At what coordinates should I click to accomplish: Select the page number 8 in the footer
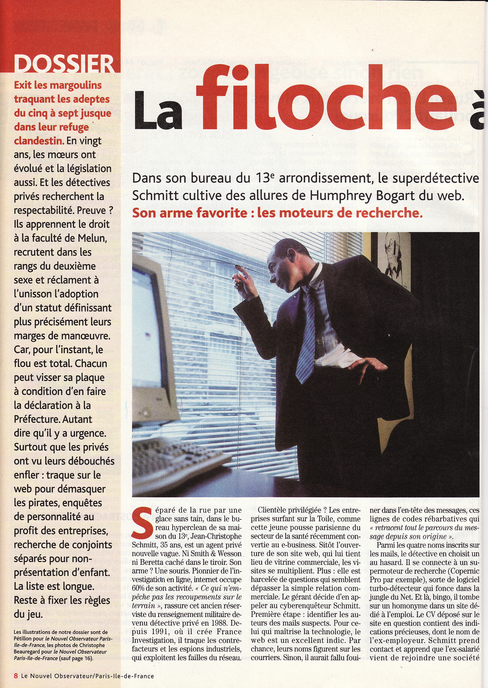(16, 676)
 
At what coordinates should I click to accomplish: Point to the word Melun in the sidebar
(92, 239)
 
